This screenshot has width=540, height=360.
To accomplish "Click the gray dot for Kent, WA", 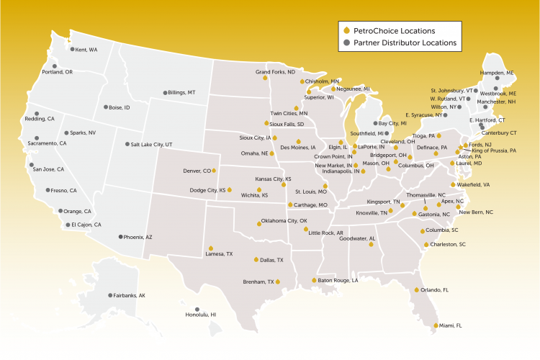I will click(71, 50).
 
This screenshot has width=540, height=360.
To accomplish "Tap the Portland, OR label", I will click(58, 72).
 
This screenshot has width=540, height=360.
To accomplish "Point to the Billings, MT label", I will click(181, 93).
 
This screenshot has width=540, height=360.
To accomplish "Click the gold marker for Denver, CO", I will click(214, 171).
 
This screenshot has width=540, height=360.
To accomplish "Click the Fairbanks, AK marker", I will click(109, 295).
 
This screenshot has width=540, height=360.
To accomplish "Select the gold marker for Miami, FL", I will click(436, 325).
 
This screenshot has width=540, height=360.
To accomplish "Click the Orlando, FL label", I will click(436, 290).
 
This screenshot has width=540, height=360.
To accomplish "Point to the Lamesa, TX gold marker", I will click(210, 248).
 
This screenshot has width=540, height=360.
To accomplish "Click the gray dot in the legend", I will click(346, 43).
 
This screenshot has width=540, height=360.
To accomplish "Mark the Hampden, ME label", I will click(500, 73).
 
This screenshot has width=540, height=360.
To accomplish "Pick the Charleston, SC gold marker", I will click(426, 245).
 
